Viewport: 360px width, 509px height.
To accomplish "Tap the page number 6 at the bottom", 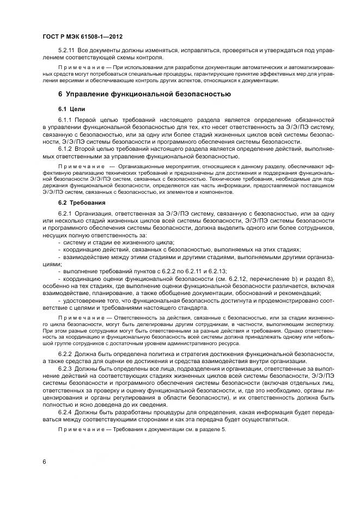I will coord(44,462).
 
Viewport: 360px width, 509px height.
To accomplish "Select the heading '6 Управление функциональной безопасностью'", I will coord(144,94).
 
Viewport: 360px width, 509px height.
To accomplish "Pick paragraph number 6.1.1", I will coord(65,119).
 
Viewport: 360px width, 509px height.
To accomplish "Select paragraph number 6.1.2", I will coord(65,148).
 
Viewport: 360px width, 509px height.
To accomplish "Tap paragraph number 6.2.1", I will coord(65,213).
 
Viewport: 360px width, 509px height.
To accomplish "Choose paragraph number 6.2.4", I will coord(65,412).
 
